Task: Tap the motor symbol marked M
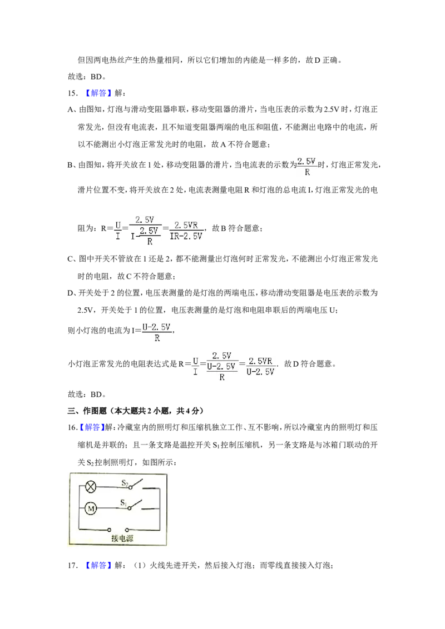tap(91, 508)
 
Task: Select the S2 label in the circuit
tap(125, 483)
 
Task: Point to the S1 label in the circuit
tap(123, 502)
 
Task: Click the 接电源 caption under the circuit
tap(122, 538)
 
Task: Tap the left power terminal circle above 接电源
tap(109, 530)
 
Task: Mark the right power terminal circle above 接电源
tap(127, 530)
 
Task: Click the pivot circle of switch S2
tap(130, 487)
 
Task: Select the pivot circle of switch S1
tap(129, 508)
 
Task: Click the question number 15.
tap(72, 93)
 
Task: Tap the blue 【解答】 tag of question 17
tap(98, 565)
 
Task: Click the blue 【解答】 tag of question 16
tap(92, 427)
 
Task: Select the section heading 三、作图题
tap(87, 411)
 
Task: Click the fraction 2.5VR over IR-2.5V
tap(186, 231)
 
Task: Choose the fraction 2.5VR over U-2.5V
tap(260, 366)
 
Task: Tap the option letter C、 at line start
tap(72, 259)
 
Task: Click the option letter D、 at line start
tap(72, 293)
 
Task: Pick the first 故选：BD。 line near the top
tap(87, 77)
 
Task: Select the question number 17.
tap(72, 565)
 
